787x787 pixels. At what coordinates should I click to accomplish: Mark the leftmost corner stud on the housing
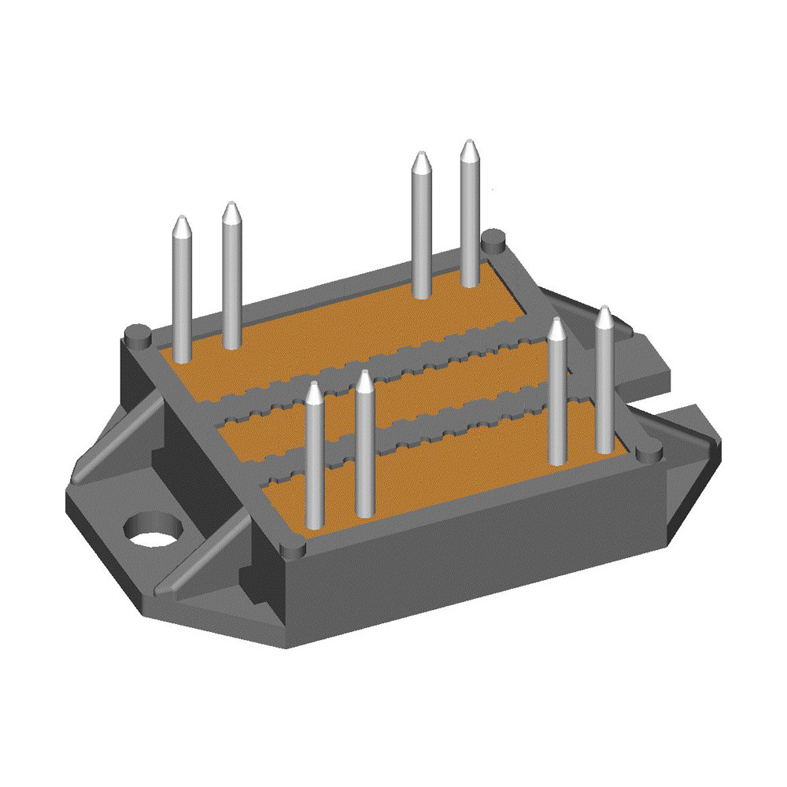[x=139, y=336]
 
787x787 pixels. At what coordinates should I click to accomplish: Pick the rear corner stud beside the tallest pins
[x=493, y=237]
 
